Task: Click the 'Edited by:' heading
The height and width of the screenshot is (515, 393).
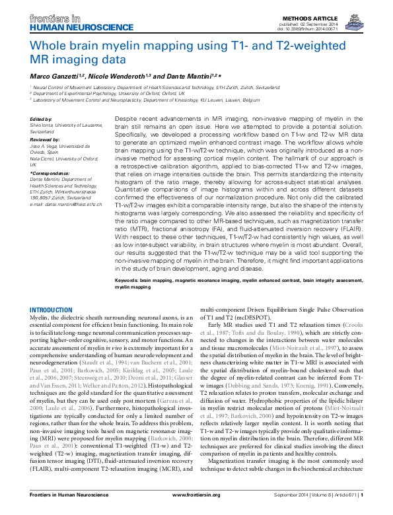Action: point(42,119)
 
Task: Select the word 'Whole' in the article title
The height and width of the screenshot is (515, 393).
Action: point(49,46)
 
